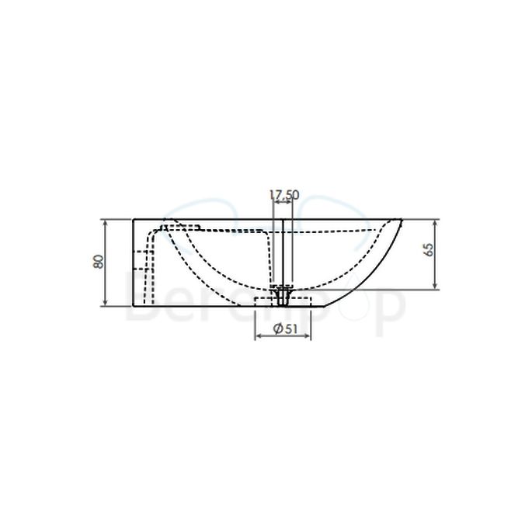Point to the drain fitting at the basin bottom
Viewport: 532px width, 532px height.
(x=282, y=295)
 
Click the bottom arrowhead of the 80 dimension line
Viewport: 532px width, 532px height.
(x=105, y=303)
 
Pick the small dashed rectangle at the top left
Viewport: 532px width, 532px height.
(x=179, y=228)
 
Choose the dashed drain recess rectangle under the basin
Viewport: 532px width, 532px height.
(x=282, y=301)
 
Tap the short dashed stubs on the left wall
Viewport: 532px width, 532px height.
(x=141, y=261)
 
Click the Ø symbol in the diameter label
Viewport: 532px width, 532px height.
(x=278, y=329)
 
